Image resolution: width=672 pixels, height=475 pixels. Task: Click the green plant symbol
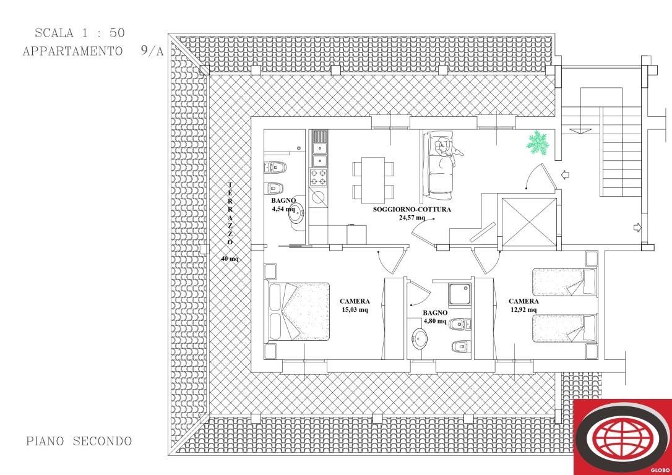pos(538,143)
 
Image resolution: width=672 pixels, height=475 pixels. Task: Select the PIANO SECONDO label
pos(79,442)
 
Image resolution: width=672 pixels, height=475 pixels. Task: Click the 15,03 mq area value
pos(355,310)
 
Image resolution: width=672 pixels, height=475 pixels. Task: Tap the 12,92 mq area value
pos(523,310)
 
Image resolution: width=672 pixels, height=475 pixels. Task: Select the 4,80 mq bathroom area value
pos(435,322)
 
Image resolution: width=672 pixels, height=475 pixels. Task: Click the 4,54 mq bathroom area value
pos(283,209)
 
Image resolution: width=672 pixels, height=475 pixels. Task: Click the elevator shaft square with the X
pos(527,221)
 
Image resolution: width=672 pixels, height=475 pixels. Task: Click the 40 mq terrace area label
pos(230,259)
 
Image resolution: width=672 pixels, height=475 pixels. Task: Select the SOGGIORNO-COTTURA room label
pos(411,210)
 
